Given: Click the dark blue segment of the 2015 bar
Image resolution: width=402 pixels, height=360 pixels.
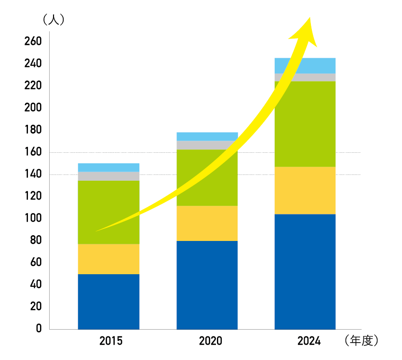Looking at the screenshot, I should coord(108,302).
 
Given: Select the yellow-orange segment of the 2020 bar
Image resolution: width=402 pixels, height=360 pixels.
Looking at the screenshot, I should coord(207,223).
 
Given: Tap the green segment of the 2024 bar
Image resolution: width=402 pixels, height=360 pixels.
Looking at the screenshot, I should coord(305,124).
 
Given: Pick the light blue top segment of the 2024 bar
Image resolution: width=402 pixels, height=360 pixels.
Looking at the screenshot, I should coord(305,66).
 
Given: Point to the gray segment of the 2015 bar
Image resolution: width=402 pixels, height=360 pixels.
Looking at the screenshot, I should coord(108,176).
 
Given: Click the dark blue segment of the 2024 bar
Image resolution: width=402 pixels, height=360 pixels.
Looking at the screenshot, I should coord(305,271).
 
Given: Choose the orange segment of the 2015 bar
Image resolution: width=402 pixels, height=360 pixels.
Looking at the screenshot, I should coord(108,259).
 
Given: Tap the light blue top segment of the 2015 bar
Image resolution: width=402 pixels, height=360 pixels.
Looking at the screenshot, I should coord(108,168).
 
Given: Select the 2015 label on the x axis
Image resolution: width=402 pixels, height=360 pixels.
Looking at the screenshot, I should coord(111,341).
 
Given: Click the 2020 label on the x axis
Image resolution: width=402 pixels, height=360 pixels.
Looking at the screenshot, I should coord(211,341).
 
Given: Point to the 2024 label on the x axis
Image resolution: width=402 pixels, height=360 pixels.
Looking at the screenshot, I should coord(309,341).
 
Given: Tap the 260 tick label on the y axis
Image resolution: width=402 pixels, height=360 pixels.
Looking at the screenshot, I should coord(33,41).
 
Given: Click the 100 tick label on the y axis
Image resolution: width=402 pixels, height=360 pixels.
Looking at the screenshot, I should coord(33,218).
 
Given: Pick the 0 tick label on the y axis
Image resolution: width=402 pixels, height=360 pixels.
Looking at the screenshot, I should coord(39,329).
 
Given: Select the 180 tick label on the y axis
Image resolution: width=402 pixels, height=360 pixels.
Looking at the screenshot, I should coord(33,130).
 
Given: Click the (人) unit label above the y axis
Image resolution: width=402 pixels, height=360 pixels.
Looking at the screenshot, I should coord(54,20).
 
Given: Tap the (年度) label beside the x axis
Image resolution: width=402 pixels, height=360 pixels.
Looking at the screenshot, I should coord(362,341).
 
